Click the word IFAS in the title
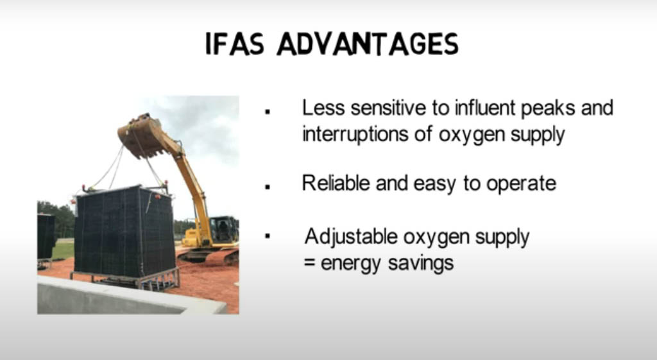point(235,44)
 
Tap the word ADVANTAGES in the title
point(368,44)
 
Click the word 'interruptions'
point(355,135)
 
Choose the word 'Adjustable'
point(351,237)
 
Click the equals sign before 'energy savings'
point(309,264)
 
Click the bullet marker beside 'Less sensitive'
point(268,112)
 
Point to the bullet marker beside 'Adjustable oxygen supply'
point(268,236)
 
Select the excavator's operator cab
point(223,230)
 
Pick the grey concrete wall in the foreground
point(126,298)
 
